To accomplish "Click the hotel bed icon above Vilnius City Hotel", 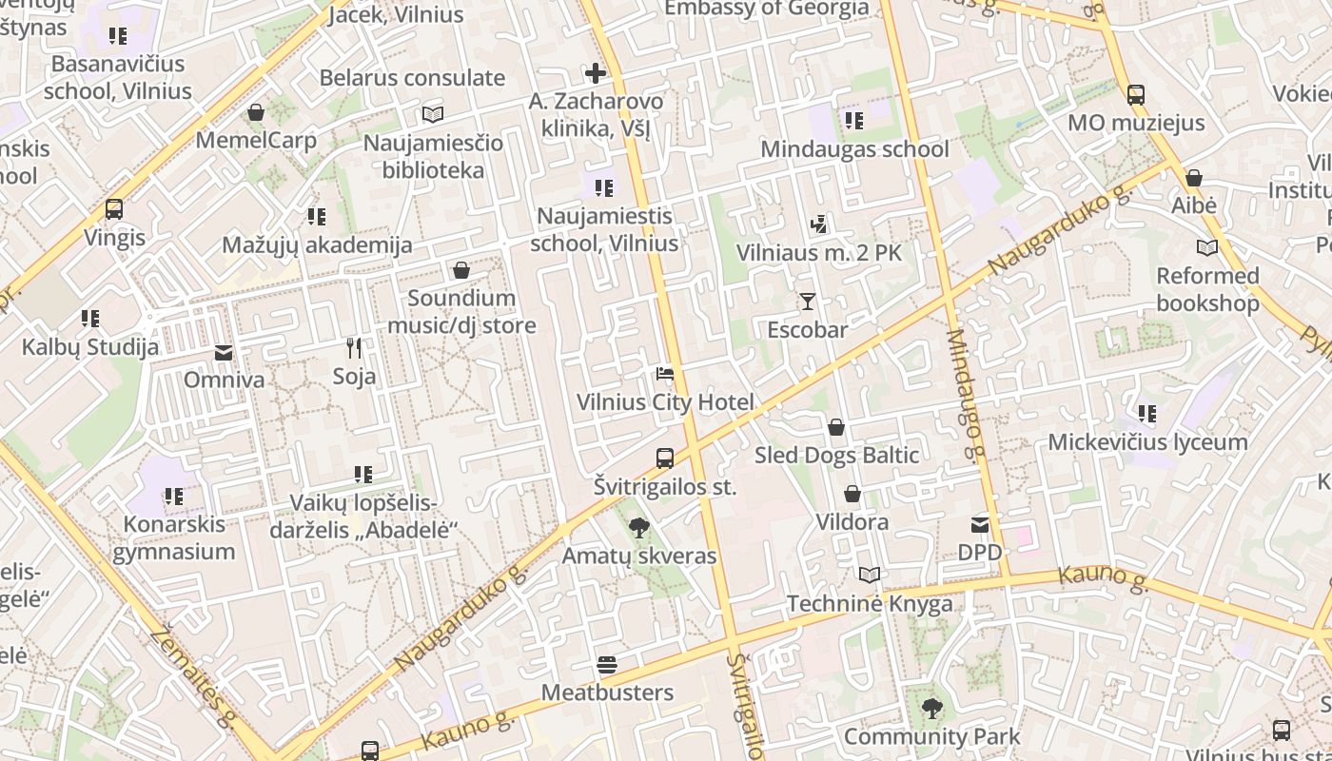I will click(x=665, y=373).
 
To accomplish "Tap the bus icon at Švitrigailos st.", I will click(x=665, y=459).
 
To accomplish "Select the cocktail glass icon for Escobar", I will click(x=808, y=302).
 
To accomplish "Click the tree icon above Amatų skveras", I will click(x=639, y=527).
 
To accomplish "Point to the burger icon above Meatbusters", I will click(x=607, y=664).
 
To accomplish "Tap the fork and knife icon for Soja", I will click(x=354, y=348).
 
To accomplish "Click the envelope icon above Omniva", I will click(x=224, y=353).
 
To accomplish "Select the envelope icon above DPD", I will click(x=980, y=524).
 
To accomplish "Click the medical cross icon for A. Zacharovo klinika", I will click(x=596, y=73).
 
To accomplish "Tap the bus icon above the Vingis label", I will click(x=114, y=209).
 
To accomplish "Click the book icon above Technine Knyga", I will click(x=870, y=575).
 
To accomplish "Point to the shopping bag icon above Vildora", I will click(x=852, y=494).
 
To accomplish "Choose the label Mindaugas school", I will click(x=854, y=149).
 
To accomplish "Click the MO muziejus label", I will click(x=1136, y=123).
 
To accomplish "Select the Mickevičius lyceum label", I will click(x=1147, y=442).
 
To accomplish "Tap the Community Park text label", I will click(x=931, y=736).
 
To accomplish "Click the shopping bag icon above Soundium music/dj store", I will click(x=461, y=270).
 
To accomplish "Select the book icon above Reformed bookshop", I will click(x=1207, y=247).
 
